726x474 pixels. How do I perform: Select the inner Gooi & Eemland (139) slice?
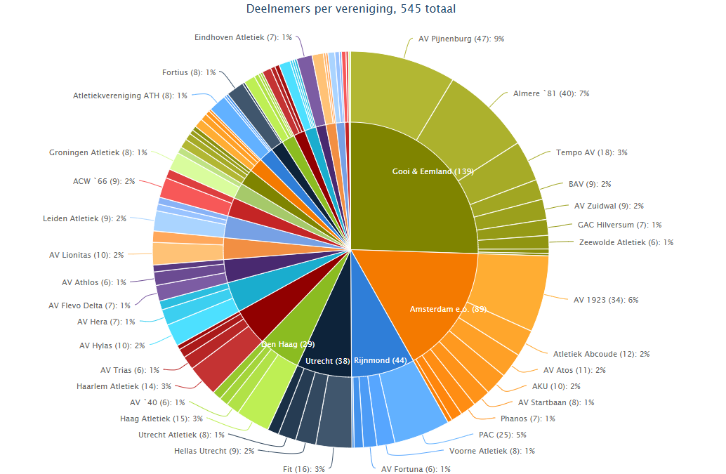tap(414, 190)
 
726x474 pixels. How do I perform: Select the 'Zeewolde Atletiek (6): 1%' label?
tap(626, 242)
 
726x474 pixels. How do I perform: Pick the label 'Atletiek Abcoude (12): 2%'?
tap(601, 354)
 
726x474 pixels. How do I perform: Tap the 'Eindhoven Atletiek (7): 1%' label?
tap(243, 37)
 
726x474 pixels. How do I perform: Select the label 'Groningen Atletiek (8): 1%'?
tap(98, 152)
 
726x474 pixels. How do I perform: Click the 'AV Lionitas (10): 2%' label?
tap(86, 255)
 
